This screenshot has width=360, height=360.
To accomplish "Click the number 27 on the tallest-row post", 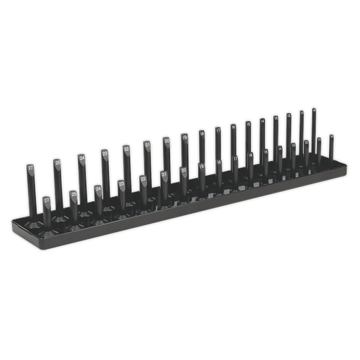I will [x=31, y=168].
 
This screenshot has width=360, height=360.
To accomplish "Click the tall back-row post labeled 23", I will [x=105, y=153].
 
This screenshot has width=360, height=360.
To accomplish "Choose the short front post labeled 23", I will [x=121, y=184].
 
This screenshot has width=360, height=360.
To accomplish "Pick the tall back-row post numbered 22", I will [x=126, y=149].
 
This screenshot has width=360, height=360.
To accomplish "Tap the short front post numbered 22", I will [x=143, y=179].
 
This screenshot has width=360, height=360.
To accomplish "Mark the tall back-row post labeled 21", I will [x=147, y=145].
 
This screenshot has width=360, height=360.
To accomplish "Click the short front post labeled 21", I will [x=163, y=174].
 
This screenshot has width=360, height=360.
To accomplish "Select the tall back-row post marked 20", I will [x=167, y=141].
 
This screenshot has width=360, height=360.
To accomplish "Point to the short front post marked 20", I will [x=183, y=170].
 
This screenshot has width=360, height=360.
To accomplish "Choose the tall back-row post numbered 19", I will [x=184, y=138].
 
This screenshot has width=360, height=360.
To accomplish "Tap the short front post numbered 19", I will [x=202, y=167].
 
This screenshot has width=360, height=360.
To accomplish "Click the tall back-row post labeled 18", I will [x=202, y=134].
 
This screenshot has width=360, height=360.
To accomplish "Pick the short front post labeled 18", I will [x=219, y=163].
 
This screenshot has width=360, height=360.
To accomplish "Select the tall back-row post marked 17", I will [x=218, y=131].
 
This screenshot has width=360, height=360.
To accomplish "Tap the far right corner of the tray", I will [x=347, y=167].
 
